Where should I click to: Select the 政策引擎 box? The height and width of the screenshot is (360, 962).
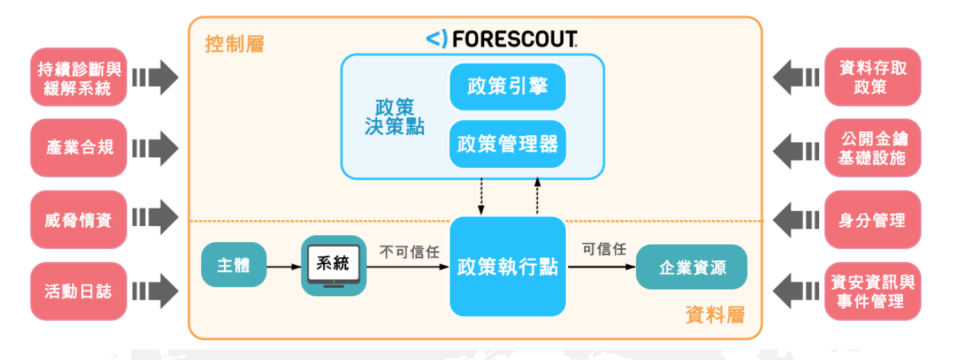point(507,87)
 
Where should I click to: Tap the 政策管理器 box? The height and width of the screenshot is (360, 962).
point(507,144)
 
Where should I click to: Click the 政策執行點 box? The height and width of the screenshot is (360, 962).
point(507,266)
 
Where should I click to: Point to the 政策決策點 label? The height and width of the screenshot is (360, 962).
point(394,117)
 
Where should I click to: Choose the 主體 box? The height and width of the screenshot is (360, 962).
point(233,265)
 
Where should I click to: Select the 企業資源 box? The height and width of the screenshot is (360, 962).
point(691,267)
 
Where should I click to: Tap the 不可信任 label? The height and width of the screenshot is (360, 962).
point(409,252)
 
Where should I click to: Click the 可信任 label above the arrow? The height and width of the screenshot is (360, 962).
point(604,250)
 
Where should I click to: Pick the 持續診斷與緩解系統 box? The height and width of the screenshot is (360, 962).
point(78,78)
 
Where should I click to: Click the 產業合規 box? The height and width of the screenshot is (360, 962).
point(78,148)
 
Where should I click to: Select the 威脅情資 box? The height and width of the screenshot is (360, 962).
point(78,219)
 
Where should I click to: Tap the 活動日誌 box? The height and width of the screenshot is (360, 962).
point(78,291)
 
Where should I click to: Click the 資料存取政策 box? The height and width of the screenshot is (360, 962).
point(872,77)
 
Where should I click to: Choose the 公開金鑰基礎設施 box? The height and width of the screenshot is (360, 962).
point(872,148)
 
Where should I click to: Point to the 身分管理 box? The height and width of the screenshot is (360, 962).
point(872,220)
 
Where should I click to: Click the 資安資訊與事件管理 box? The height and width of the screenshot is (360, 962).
point(872,291)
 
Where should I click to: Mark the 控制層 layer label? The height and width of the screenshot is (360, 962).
point(234,45)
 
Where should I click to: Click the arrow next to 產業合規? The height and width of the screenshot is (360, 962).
point(155,148)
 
